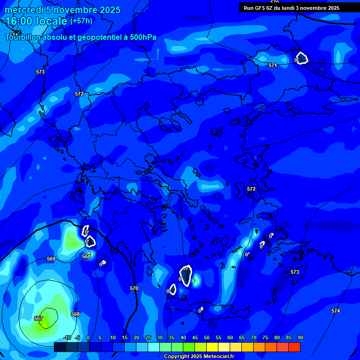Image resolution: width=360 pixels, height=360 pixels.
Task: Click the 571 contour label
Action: (x=272, y=65)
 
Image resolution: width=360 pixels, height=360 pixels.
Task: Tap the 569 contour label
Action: (x=51, y=259)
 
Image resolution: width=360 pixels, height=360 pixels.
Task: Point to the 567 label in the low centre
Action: (x=38, y=319)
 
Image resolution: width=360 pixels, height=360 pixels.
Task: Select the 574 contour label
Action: (x=335, y=311)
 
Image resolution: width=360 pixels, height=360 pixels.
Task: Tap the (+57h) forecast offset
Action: (x=81, y=21)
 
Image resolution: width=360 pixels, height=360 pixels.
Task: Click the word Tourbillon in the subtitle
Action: (x=23, y=37)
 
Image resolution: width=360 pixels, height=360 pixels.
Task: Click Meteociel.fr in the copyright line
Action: (x=215, y=357)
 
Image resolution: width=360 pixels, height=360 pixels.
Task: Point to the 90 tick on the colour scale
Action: (x=300, y=337)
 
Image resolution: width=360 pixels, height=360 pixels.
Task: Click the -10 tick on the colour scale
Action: (x=67, y=337)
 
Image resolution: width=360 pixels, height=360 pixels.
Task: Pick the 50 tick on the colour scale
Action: (x=206, y=337)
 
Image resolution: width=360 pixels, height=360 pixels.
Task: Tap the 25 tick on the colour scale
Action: (x=148, y=337)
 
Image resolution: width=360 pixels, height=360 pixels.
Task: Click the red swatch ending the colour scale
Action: (x=294, y=347)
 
